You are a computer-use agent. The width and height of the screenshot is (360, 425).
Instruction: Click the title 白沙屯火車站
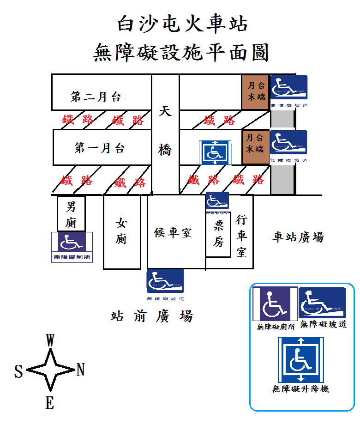pyautogui.click(x=183, y=24)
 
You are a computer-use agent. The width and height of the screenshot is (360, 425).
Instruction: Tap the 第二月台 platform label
pyautogui.click(x=96, y=97)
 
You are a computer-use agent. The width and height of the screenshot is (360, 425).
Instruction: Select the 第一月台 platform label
pyautogui.click(x=99, y=148)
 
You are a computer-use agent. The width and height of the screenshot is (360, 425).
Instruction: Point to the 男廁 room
pyautogui.click(x=70, y=214)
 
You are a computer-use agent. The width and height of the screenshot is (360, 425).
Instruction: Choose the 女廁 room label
pyautogui.click(x=121, y=231)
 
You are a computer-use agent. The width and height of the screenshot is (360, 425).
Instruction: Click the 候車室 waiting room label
pyautogui.click(x=173, y=232)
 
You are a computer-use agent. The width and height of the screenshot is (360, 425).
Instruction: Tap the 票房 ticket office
pyautogui.click(x=218, y=233)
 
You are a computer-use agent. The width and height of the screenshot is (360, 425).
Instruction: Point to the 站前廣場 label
pyautogui.click(x=151, y=316)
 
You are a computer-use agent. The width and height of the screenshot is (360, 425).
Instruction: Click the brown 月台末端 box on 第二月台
pyautogui.click(x=255, y=91)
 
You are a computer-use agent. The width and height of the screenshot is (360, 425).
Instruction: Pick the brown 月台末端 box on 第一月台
pyautogui.click(x=255, y=143)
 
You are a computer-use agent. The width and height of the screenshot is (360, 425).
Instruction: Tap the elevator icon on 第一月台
pyautogui.click(x=214, y=153)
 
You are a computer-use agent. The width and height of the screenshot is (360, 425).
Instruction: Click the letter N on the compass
pyautogui.click(x=80, y=370)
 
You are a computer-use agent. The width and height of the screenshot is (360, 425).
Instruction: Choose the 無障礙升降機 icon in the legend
pyautogui.click(x=300, y=360)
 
